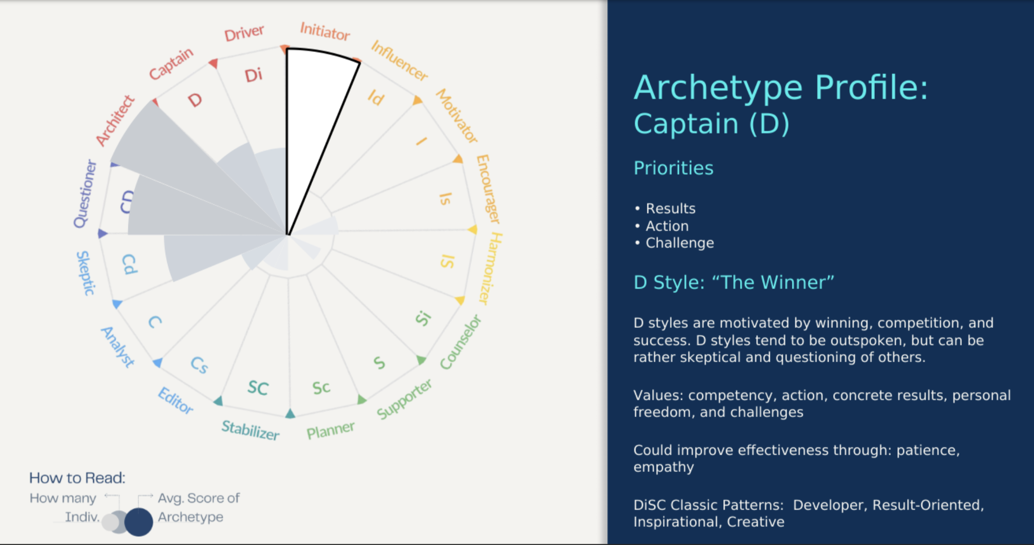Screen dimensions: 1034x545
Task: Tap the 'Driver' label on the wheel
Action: [244, 33]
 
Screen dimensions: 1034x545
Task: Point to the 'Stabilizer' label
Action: [250, 430]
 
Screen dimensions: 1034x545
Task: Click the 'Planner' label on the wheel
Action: [331, 430]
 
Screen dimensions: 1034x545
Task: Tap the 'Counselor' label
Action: [460, 342]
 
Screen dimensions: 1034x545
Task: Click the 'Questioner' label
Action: [85, 194]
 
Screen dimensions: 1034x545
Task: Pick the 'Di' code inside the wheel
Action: [253, 75]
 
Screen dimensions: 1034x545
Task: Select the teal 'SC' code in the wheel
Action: [258, 388]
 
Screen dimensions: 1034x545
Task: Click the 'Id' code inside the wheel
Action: [376, 98]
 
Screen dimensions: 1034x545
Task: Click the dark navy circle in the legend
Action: [139, 521]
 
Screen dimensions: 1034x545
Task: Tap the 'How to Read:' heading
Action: [77, 477]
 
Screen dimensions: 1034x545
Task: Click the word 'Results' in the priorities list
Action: [670, 209]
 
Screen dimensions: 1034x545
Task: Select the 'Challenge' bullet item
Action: [680, 243]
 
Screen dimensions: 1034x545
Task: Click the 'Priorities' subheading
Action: [673, 168]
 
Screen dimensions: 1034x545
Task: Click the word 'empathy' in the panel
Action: [664, 468]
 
